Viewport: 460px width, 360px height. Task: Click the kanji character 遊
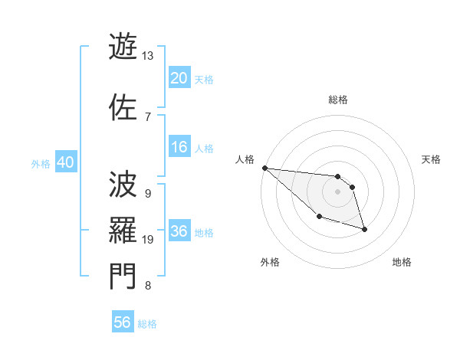123,47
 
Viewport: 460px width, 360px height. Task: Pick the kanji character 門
123,277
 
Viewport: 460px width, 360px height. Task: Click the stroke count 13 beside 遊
147,56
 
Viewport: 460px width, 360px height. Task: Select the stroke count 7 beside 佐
147,116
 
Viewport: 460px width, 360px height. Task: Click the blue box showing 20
179,78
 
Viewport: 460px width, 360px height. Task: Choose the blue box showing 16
179,147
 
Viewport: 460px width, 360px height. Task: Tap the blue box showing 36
179,231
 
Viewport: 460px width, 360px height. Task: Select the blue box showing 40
65,162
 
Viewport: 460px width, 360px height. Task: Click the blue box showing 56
123,322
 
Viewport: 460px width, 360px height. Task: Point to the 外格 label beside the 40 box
41,163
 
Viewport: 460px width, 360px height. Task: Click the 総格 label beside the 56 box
147,324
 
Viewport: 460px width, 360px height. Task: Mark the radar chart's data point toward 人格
264,168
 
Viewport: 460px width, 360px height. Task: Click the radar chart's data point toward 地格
364,229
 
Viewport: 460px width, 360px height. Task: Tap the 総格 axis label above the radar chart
337,100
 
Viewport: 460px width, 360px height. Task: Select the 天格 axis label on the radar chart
432,159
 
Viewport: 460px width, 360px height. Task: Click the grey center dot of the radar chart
337,191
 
